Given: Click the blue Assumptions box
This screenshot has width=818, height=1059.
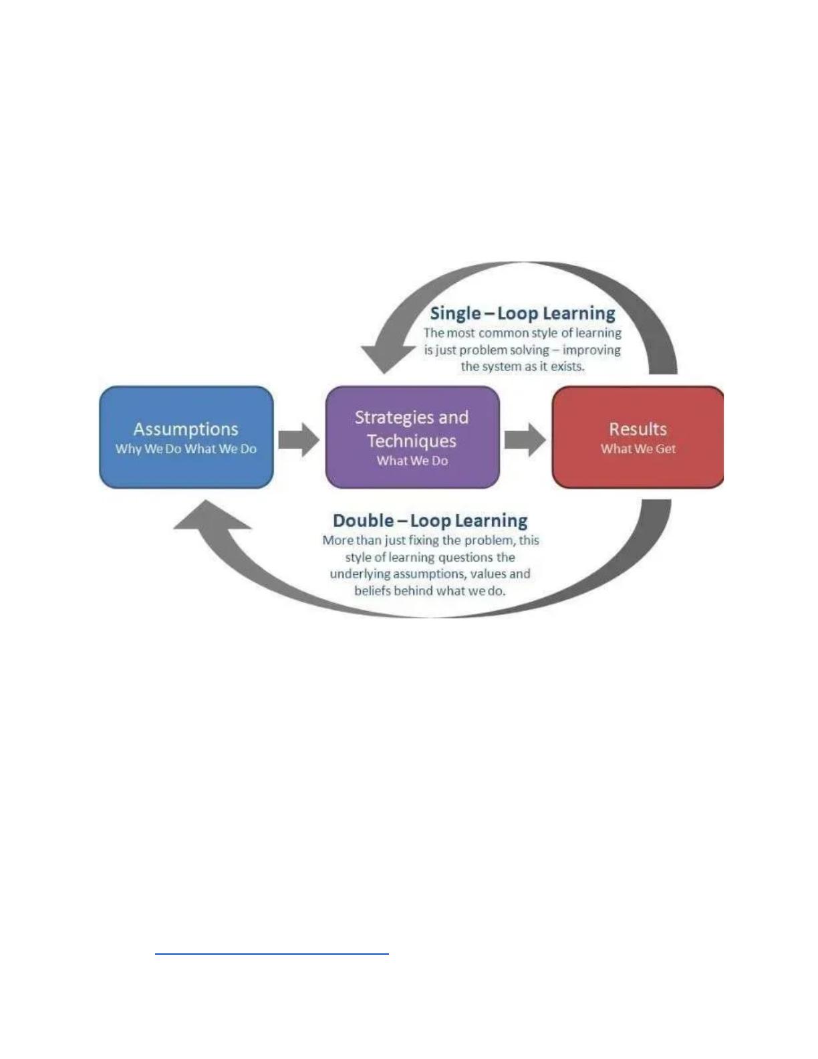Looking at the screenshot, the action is pyautogui.click(x=186, y=437).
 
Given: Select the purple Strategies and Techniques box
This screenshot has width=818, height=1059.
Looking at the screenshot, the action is pyautogui.click(x=412, y=437).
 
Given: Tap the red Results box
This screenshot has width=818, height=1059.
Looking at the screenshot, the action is pyautogui.click(x=638, y=437).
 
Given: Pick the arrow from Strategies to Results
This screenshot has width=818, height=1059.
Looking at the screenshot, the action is pyautogui.click(x=525, y=440).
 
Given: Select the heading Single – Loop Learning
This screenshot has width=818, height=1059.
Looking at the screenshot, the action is pyautogui.click(x=523, y=313).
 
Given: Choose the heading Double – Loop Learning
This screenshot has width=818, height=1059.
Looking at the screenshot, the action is pyautogui.click(x=430, y=521).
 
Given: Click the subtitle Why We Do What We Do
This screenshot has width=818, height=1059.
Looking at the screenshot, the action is pyautogui.click(x=186, y=449).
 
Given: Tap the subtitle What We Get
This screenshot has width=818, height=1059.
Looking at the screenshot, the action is pyautogui.click(x=638, y=449).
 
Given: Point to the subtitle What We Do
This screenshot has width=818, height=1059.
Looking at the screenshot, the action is pyautogui.click(x=412, y=461).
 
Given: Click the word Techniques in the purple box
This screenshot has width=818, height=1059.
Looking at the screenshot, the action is pyautogui.click(x=412, y=441).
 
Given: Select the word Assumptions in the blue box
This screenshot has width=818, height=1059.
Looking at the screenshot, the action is pyautogui.click(x=186, y=429).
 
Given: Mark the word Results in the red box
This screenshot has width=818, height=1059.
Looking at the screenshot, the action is pyautogui.click(x=638, y=429).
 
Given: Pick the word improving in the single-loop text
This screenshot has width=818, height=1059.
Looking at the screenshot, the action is pyautogui.click(x=591, y=350).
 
